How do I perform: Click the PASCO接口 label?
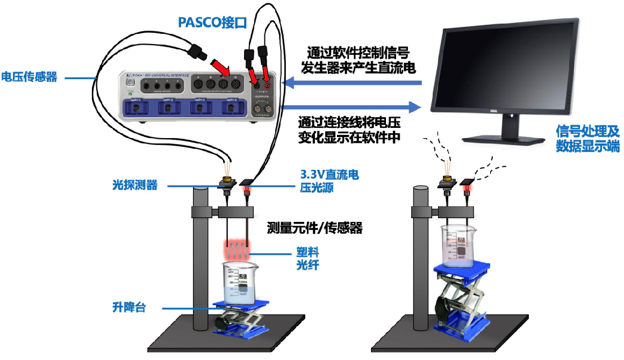[x=211, y=23]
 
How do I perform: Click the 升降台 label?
[x=129, y=308]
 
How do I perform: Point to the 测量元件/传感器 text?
[x=314, y=228]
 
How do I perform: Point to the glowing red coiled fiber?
[x=235, y=250]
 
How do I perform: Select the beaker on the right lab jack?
[x=460, y=247]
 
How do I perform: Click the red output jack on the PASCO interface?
[x=267, y=84]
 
